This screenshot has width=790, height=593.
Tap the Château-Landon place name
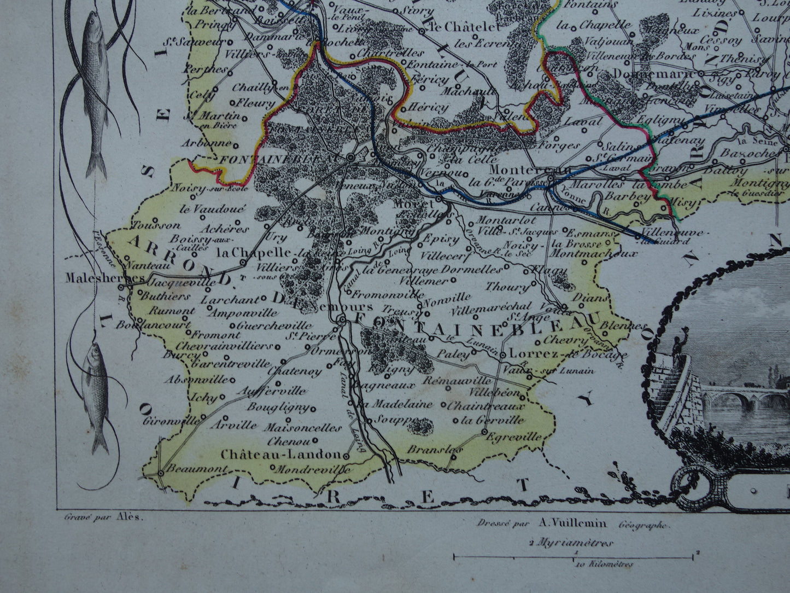pos(281,455)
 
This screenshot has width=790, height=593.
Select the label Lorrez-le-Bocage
pos(552,354)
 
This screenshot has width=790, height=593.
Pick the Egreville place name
pos(513,437)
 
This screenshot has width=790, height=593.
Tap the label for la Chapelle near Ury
pos(253,253)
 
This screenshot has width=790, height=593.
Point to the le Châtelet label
pos(465,27)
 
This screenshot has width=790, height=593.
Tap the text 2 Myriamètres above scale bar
pos(571,543)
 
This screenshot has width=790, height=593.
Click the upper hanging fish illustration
pos(96,93)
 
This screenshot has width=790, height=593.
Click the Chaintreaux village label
pos(486,406)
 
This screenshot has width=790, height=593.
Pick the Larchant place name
pos(230,300)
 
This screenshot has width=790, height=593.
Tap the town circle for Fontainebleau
pos(350,158)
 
